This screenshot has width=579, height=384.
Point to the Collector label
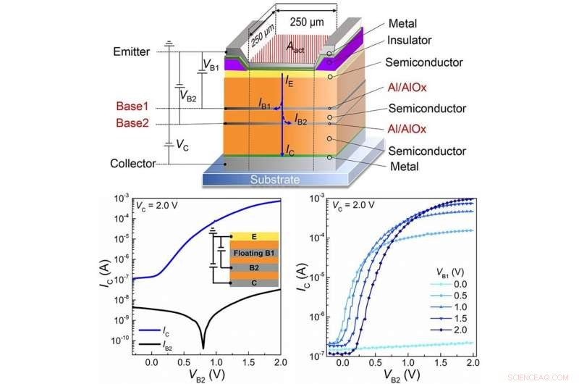[134, 164]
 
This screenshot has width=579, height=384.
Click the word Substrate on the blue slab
[276, 179]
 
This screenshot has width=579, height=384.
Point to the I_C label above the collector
[289, 150]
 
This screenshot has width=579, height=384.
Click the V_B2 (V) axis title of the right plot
[406, 375]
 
